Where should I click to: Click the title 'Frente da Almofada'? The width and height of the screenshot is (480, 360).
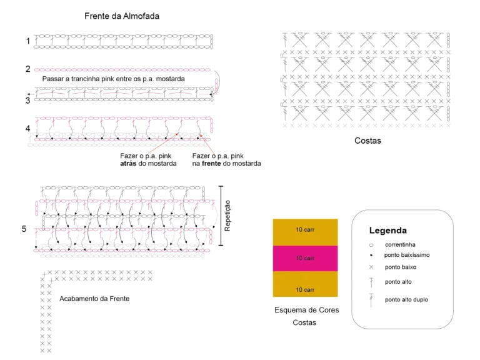(x=122, y=16)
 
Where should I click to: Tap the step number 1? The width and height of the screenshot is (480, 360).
(x=28, y=41)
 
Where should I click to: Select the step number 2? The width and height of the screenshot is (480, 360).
(x=28, y=69)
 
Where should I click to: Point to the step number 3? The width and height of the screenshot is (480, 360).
(x=28, y=101)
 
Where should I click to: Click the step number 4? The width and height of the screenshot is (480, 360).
(x=28, y=128)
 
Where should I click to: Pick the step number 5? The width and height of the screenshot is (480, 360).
(x=24, y=229)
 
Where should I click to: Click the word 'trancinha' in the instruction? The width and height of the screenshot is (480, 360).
(x=86, y=79)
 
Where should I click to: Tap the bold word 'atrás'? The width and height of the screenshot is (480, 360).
(x=128, y=164)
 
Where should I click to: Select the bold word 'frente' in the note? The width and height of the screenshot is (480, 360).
(x=211, y=164)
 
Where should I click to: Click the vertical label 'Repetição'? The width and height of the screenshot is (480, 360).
(x=227, y=216)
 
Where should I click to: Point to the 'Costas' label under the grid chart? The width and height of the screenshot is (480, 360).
(x=367, y=141)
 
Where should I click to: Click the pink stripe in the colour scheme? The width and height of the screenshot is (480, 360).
(x=305, y=258)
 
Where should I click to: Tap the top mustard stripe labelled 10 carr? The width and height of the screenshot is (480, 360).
(x=305, y=232)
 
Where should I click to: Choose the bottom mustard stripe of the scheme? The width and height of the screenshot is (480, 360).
(x=305, y=284)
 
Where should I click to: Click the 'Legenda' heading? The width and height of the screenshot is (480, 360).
(x=388, y=231)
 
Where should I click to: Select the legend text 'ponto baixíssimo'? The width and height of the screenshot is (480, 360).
(x=407, y=255)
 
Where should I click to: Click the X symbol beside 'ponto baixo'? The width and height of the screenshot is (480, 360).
(x=371, y=267)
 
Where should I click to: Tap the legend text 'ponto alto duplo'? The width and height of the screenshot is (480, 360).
(x=406, y=300)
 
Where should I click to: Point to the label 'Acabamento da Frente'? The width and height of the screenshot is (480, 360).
(x=94, y=299)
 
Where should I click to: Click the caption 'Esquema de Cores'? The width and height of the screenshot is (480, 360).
(x=307, y=310)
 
